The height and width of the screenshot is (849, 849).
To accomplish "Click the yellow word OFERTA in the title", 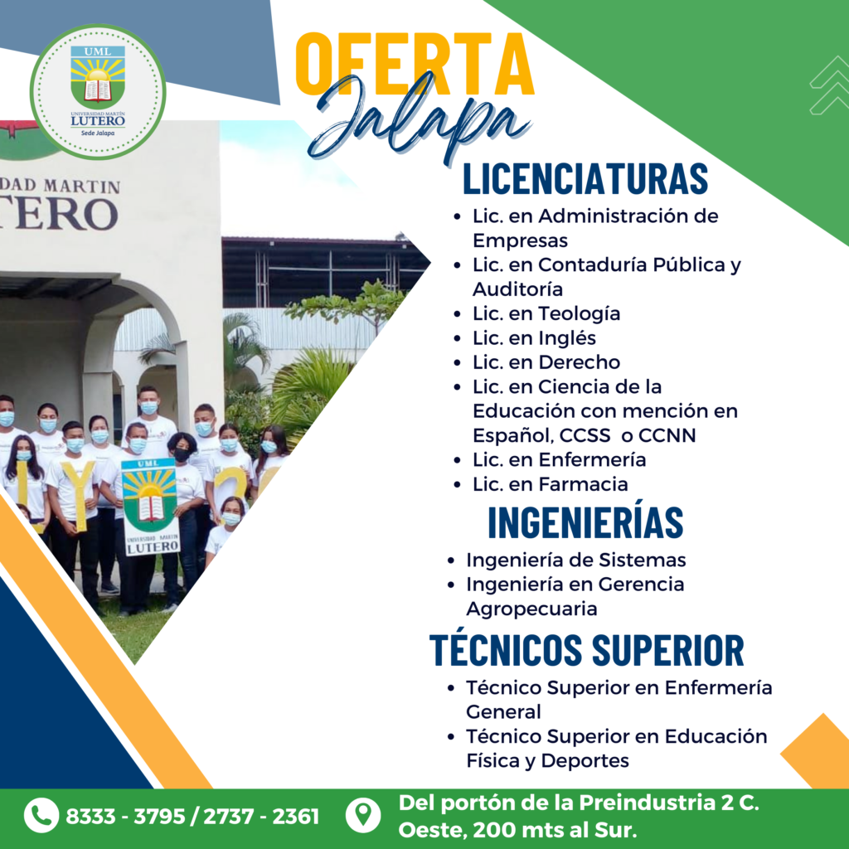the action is [x=415, y=64].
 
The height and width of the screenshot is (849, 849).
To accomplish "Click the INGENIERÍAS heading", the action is [x=585, y=522].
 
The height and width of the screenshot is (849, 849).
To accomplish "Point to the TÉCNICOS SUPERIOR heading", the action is [x=586, y=649].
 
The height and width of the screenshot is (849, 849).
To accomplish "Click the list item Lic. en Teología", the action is [x=546, y=313].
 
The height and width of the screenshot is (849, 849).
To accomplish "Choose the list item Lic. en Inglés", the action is [x=534, y=338].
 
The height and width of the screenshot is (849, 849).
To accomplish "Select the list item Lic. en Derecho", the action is [x=546, y=362].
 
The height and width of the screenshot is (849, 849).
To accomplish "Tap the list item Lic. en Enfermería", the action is [x=559, y=459].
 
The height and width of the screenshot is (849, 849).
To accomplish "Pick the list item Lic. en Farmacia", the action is [x=551, y=484].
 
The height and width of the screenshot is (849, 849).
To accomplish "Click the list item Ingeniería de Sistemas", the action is [x=576, y=560].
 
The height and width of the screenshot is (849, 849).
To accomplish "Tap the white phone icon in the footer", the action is [x=41, y=815].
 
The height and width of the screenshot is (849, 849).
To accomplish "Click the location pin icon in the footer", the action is [x=363, y=816].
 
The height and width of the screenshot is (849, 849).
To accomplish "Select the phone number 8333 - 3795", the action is [x=125, y=817].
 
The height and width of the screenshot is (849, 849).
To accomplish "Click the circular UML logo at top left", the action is [x=98, y=92].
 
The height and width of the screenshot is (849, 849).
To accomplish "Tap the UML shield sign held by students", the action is [x=150, y=507].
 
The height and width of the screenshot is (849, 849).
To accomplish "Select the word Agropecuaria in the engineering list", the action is [x=531, y=609].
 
